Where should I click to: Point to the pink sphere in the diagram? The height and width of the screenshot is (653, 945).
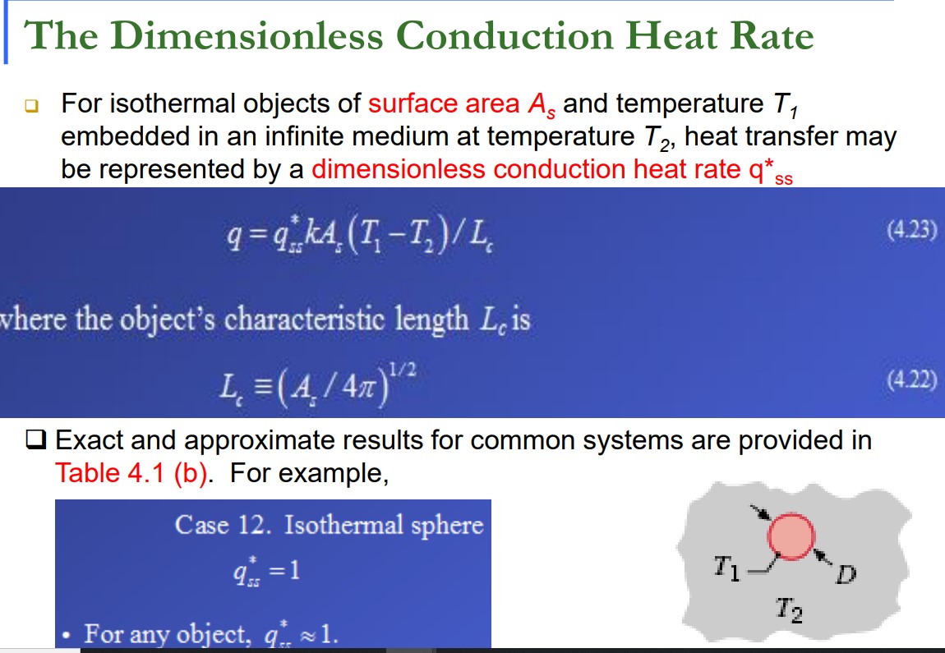click(791, 536)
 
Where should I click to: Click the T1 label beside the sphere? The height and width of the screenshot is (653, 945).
click(726, 567)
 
